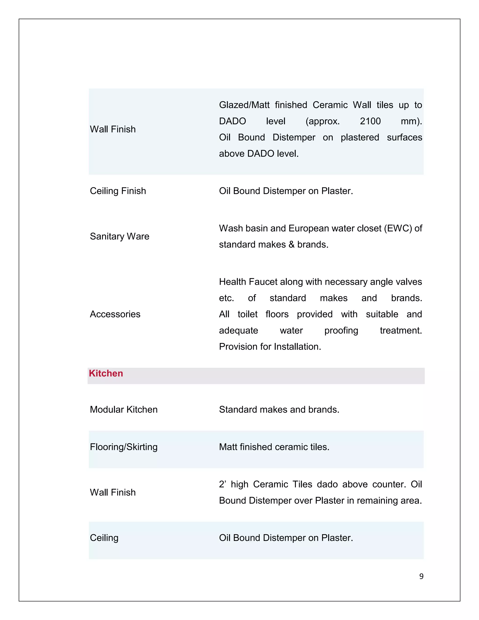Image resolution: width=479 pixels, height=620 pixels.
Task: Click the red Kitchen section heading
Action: click(x=106, y=373)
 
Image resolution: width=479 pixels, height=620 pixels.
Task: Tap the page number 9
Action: click(x=421, y=576)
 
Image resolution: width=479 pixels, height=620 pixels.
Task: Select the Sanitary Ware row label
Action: click(x=120, y=236)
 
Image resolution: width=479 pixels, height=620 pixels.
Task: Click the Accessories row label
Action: click(x=115, y=314)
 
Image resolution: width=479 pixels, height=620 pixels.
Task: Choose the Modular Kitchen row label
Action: click(x=123, y=409)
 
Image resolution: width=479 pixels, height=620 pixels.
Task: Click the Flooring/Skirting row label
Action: click(x=123, y=447)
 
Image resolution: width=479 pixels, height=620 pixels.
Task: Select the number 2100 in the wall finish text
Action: click(x=370, y=121)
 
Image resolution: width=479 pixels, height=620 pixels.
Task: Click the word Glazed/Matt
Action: click(x=244, y=105)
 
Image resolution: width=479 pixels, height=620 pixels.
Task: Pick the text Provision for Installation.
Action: click(x=270, y=347)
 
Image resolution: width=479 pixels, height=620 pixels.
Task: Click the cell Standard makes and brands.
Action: click(x=279, y=409)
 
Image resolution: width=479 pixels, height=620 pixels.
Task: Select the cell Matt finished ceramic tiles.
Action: click(x=274, y=447)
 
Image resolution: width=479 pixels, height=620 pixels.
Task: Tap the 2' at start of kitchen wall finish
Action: click(x=222, y=484)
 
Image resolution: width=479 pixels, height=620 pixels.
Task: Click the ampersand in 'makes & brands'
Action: click(x=291, y=244)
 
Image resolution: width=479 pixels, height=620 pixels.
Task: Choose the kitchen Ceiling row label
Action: click(x=104, y=538)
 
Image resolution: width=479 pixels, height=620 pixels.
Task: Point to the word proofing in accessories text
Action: click(x=341, y=330)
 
